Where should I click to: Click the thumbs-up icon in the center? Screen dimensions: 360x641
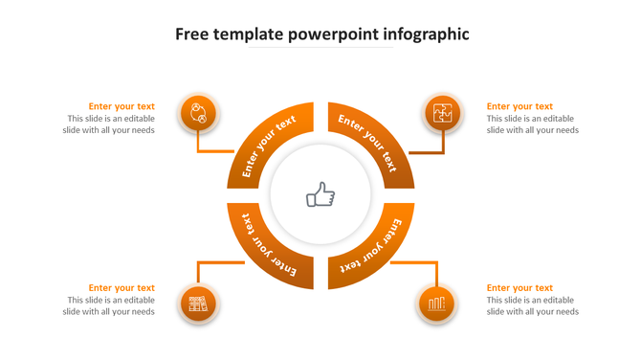pos(320,196)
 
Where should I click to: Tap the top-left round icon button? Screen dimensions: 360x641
pos(198,114)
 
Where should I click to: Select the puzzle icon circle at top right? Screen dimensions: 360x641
pos(443,114)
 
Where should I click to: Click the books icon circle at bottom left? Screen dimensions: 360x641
pos(198,304)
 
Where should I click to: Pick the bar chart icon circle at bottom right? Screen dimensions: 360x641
pos(436,304)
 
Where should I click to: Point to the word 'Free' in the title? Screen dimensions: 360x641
pos(192,34)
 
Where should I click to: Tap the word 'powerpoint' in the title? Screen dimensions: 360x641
pos(333,34)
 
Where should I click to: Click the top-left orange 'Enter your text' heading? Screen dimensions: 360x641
pos(122,106)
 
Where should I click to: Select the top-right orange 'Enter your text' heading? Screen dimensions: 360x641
pos(519,106)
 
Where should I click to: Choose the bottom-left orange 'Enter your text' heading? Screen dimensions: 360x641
pos(122,287)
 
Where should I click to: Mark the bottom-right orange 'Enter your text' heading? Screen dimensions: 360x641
pos(519,287)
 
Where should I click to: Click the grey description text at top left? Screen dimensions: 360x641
pos(110,124)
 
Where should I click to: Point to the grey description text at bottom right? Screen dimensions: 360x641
pos(532,305)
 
